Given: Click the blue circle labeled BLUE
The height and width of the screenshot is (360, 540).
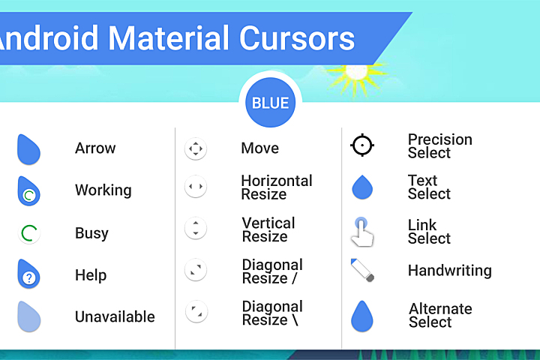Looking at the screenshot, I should pyautogui.click(x=270, y=103).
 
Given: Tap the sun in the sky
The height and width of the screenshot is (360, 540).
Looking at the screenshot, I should pyautogui.click(x=355, y=73).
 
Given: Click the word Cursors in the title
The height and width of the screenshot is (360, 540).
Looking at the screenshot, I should pyautogui.click(x=297, y=37).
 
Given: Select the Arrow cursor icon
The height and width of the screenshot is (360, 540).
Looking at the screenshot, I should pyautogui.click(x=28, y=149).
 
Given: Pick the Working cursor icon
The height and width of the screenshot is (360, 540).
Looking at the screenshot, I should pyautogui.click(x=28, y=191).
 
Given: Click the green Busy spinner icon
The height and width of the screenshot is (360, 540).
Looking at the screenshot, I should pyautogui.click(x=28, y=233).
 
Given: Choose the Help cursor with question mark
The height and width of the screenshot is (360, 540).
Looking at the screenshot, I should pyautogui.click(x=28, y=274).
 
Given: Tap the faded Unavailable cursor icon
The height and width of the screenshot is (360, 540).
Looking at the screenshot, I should pyautogui.click(x=28, y=316).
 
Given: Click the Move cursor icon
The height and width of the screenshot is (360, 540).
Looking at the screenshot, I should pyautogui.click(x=195, y=148).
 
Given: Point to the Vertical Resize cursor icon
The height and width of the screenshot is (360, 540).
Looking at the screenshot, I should pyautogui.click(x=195, y=228).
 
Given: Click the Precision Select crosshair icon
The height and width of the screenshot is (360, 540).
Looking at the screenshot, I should pyautogui.click(x=362, y=145).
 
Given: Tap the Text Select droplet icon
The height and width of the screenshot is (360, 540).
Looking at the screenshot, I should pyautogui.click(x=362, y=187).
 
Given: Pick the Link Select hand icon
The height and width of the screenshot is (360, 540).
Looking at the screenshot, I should pyautogui.click(x=362, y=232).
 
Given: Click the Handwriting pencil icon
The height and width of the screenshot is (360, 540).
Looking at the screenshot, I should pyautogui.click(x=362, y=270).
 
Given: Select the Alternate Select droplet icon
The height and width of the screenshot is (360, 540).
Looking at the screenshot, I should pyautogui.click(x=362, y=316).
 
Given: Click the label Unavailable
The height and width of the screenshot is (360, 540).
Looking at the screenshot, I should pyautogui.click(x=115, y=316).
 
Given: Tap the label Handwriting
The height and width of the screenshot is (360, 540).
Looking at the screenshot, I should pyautogui.click(x=449, y=271).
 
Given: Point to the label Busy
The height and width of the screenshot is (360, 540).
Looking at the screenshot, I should pyautogui.click(x=91, y=233).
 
